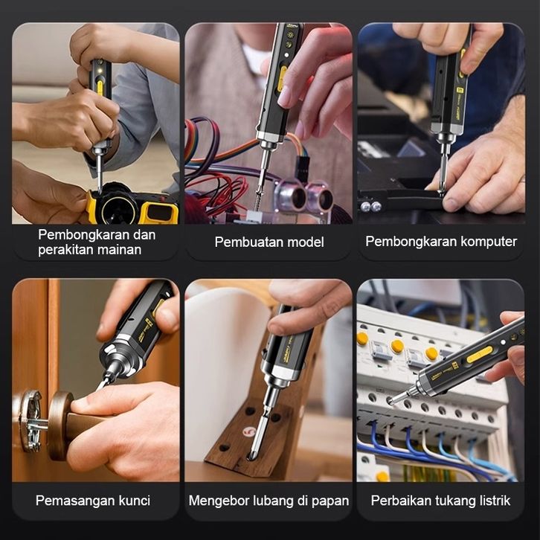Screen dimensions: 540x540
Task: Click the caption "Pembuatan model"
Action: point(269,242)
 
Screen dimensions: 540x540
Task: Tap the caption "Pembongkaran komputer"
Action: point(441,242)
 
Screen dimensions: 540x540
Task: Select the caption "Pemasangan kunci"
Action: point(93,501)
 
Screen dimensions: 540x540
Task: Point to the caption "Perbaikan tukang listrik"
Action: point(440,501)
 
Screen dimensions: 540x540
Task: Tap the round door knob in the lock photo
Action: point(60,425)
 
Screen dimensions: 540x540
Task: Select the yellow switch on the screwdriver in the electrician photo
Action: point(480,355)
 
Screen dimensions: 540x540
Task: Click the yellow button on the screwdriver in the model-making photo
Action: point(283,79)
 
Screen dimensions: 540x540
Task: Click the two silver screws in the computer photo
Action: point(370,206)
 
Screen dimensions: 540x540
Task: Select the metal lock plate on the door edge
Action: point(30,421)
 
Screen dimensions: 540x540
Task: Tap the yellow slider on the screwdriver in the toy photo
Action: point(100,88)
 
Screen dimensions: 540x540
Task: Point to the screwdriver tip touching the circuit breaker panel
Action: point(391,400)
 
